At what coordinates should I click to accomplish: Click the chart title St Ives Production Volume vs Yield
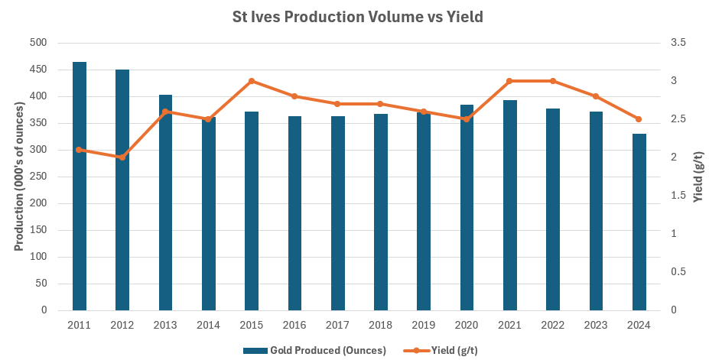[357, 17]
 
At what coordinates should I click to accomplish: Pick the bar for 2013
[165, 203]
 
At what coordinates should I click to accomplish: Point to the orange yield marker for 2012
[122, 157]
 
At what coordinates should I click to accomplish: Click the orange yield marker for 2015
[251, 81]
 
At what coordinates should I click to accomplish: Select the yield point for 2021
[509, 81]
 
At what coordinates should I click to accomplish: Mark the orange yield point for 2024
[639, 119]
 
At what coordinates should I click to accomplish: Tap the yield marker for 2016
[294, 96]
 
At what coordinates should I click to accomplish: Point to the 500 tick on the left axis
[49, 43]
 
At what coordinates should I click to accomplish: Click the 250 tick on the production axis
[49, 177]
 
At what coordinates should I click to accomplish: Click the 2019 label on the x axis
[423, 326]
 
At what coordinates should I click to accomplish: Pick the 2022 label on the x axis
[552, 326]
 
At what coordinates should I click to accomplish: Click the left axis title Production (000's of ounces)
[19, 177]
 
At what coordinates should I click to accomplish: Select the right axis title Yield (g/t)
[698, 177]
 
